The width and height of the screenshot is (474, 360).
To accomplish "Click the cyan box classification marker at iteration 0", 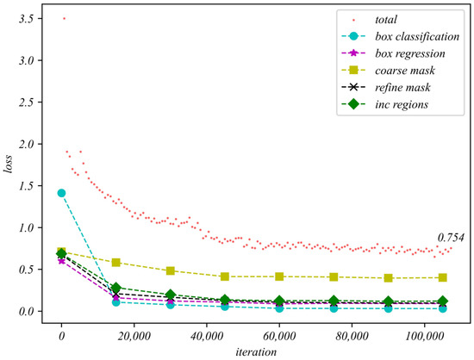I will (61, 193).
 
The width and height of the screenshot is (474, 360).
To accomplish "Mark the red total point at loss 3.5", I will (64, 19).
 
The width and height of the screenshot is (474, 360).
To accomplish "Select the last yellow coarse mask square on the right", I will (443, 277).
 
